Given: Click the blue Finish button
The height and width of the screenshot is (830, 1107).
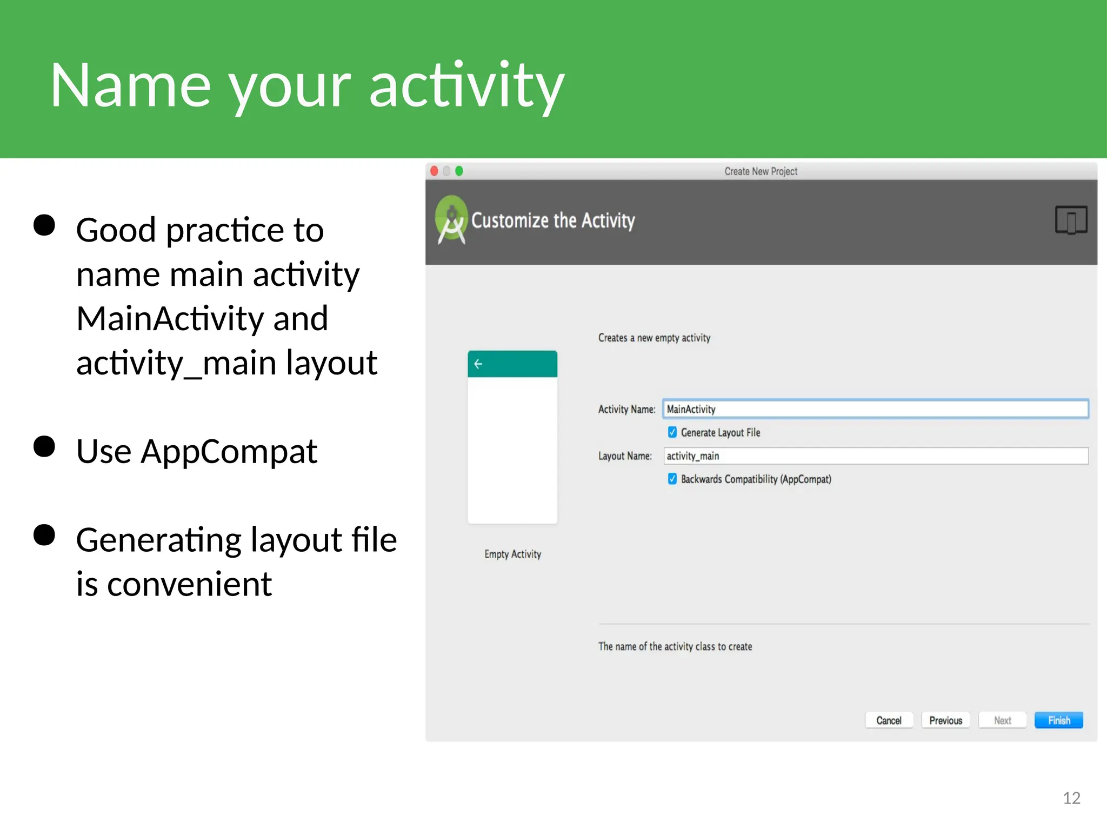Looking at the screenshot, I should [x=1058, y=720].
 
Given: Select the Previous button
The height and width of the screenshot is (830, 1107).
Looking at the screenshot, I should [x=945, y=720].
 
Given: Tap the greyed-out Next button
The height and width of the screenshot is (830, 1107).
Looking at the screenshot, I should [x=1002, y=720].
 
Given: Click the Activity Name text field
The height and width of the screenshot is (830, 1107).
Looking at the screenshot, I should [x=875, y=409].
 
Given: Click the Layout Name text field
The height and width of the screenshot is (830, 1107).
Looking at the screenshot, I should [x=875, y=456].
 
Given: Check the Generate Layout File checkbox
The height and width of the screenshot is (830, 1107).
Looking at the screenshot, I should [x=672, y=432].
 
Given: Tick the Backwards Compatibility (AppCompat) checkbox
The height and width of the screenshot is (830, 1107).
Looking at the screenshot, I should [x=672, y=479].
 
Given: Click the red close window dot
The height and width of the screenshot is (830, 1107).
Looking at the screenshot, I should [x=434, y=171].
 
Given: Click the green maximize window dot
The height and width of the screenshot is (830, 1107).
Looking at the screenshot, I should [x=459, y=171].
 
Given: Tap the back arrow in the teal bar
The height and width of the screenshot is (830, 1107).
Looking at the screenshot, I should [x=478, y=364].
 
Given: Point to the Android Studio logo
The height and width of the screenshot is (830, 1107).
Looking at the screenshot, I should [x=451, y=219].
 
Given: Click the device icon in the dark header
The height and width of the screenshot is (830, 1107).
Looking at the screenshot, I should [x=1071, y=220].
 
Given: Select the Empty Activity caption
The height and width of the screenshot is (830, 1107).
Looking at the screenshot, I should [x=512, y=554].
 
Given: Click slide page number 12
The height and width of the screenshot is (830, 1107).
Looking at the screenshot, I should [x=1071, y=798].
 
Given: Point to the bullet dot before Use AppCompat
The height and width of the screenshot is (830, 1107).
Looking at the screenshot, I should [x=44, y=447].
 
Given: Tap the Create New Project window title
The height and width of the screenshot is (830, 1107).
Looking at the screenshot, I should [x=761, y=171].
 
